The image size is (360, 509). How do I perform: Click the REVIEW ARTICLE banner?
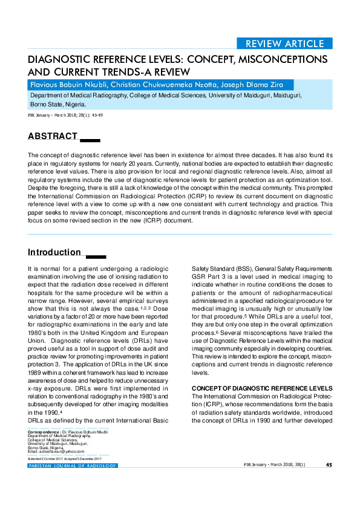click(x=284, y=44)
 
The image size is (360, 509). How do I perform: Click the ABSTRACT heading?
click(x=53, y=137)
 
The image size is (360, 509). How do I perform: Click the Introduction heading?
click(x=54, y=252)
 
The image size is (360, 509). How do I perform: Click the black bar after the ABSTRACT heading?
click(x=90, y=140)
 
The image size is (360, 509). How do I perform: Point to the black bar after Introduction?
click(x=96, y=256)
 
